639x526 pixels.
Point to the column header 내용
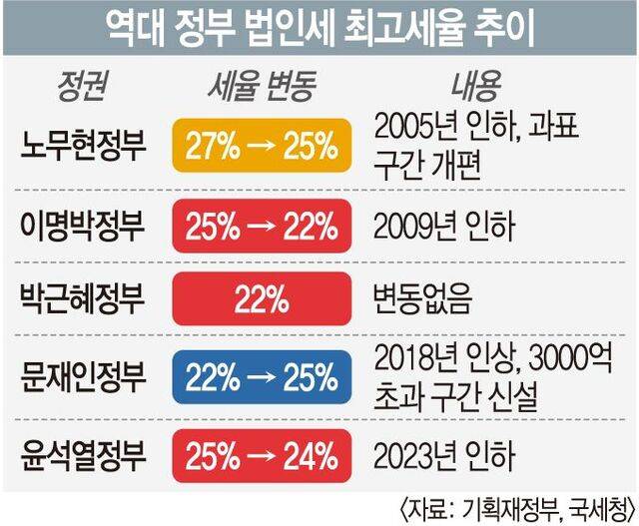(x=479, y=88)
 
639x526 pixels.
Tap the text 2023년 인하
(x=443, y=456)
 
